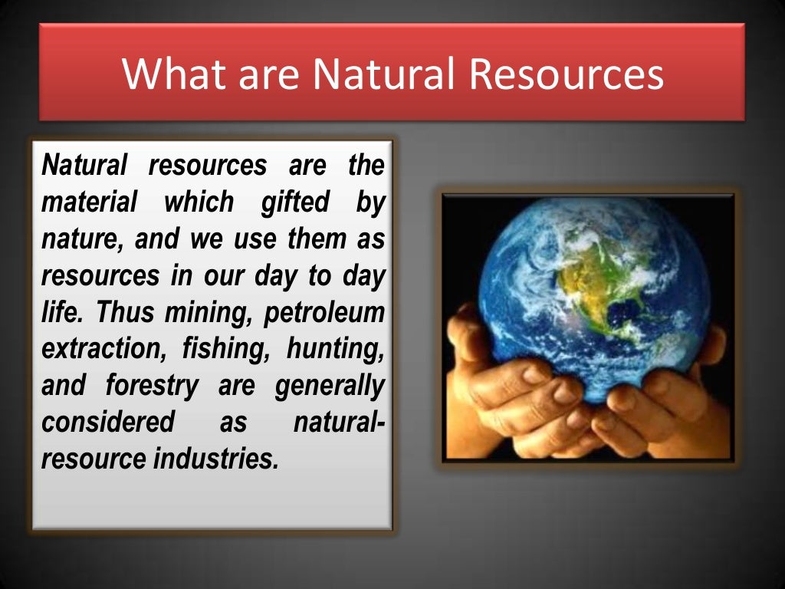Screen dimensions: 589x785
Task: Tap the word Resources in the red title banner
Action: (x=566, y=74)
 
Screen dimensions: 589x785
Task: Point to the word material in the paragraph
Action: (x=89, y=202)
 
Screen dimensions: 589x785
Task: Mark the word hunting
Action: (x=335, y=349)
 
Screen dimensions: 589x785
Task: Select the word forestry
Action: (x=152, y=386)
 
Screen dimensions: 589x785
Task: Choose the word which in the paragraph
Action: (x=199, y=202)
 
